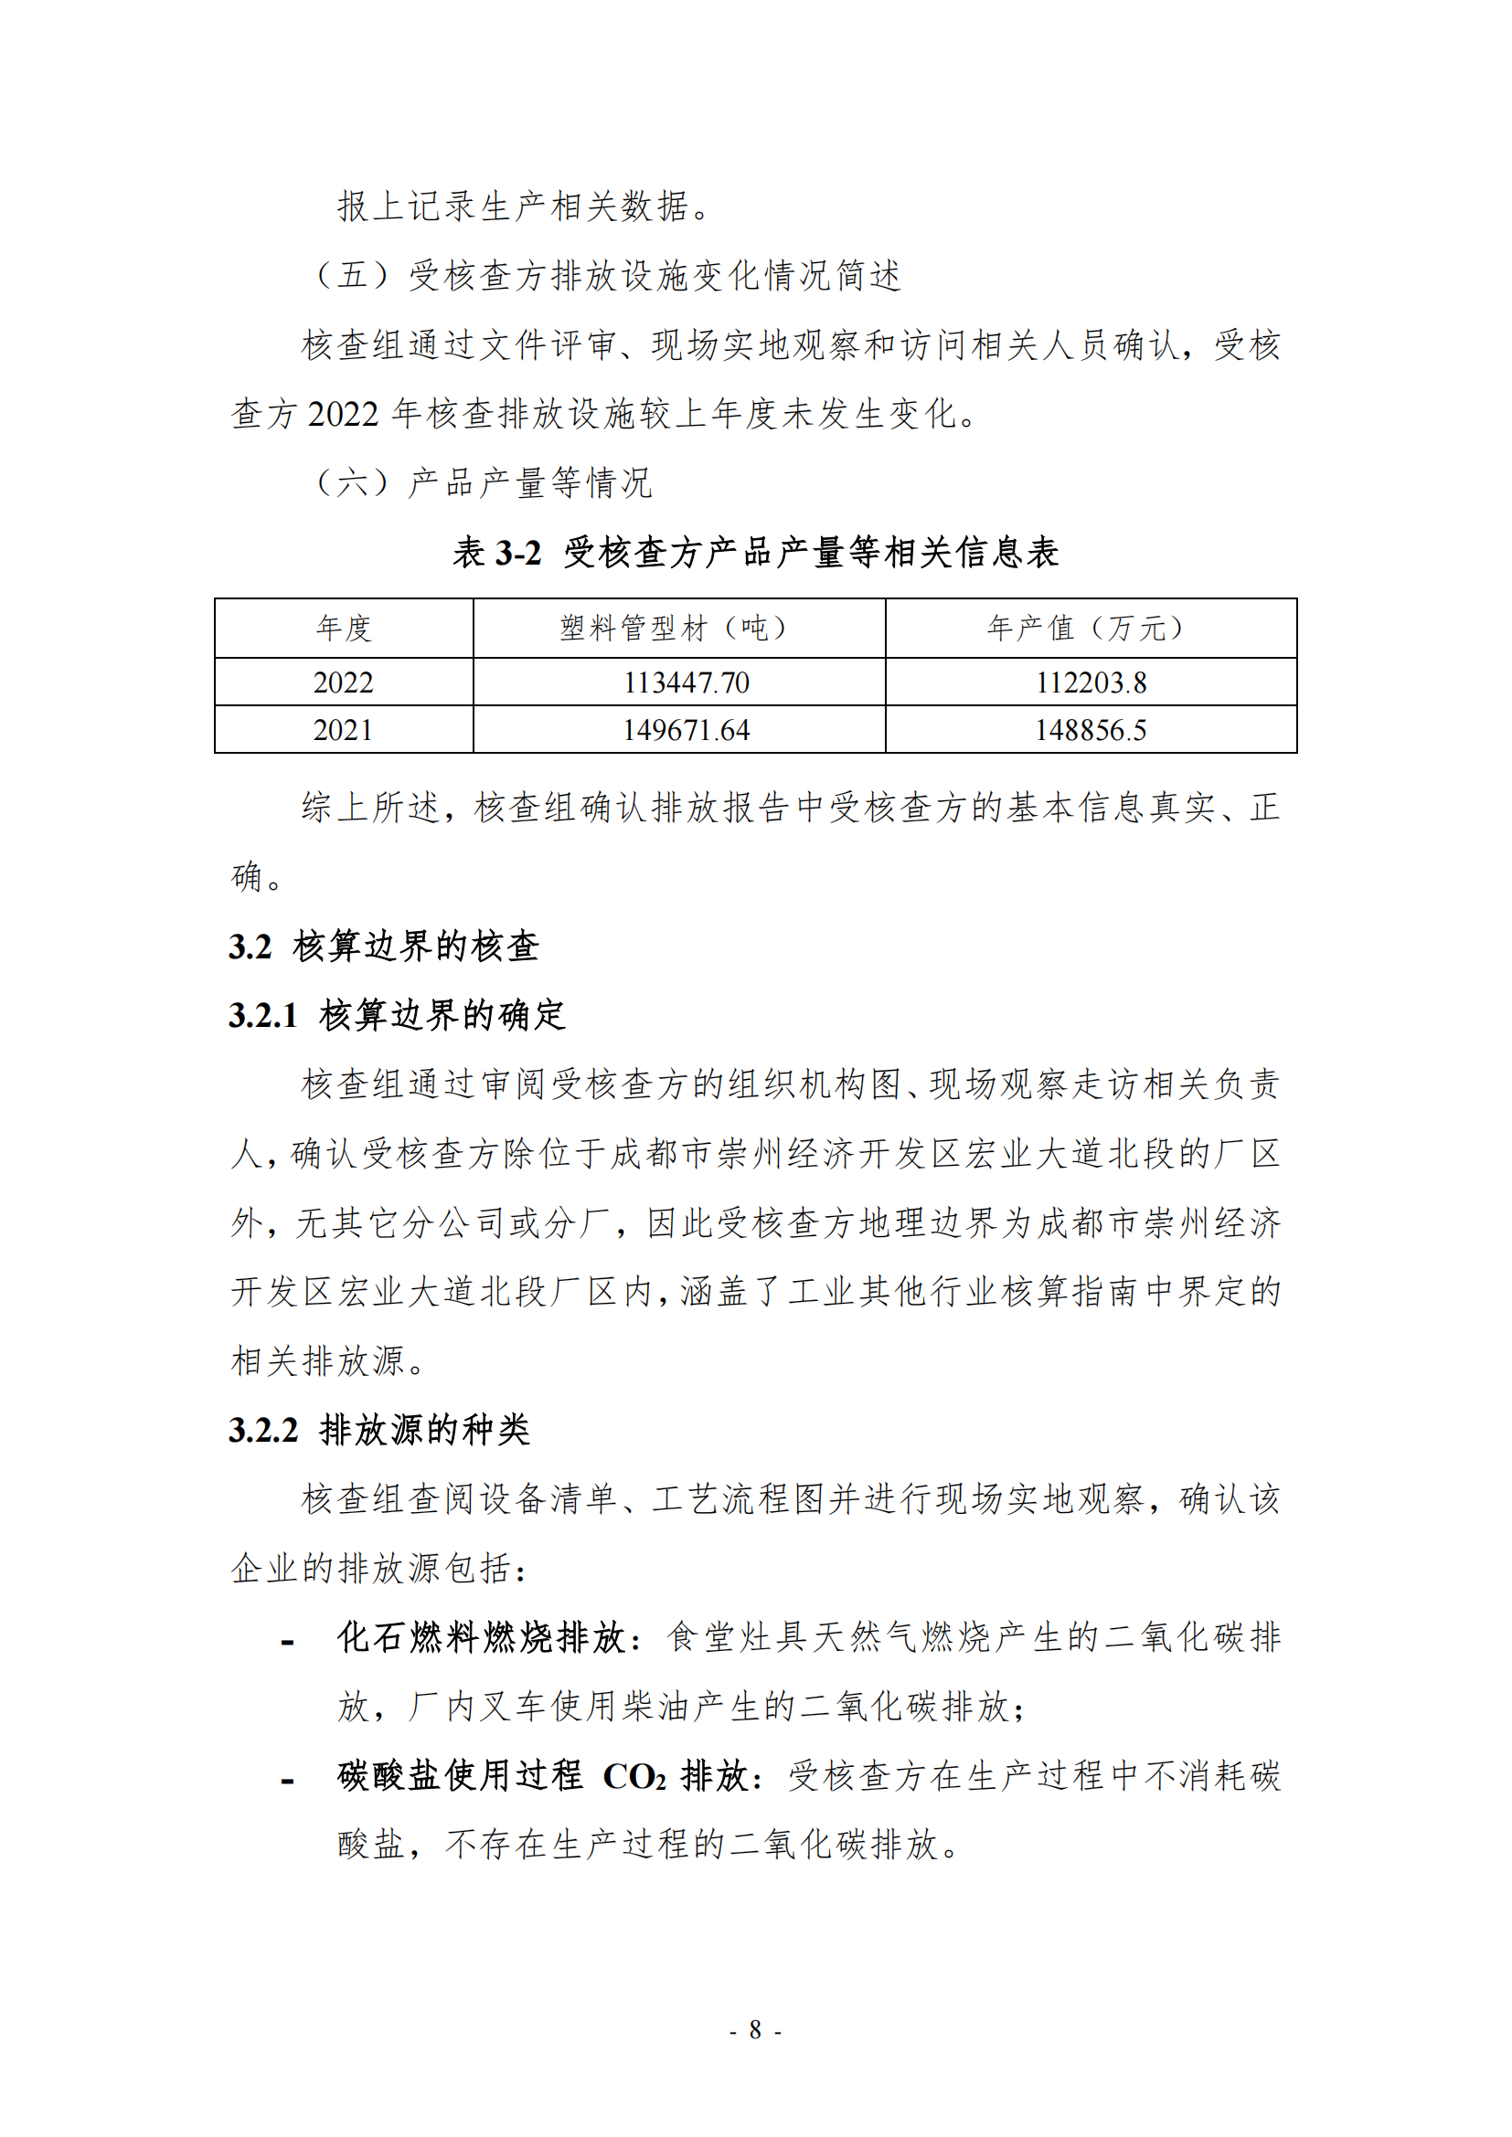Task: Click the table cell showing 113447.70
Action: [687, 682]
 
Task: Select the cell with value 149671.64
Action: [687, 730]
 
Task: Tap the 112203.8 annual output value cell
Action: [1091, 682]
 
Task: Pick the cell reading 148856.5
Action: [1091, 730]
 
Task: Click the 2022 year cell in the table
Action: [343, 682]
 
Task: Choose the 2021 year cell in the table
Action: [343, 730]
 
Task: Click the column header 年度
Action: [343, 629]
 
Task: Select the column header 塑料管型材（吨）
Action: [677, 629]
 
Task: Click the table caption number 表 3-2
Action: [496, 553]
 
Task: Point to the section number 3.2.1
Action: [262, 1015]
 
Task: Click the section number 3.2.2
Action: [262, 1430]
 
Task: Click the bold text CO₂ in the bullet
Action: [634, 1777]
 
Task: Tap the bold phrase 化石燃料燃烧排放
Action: [482, 1638]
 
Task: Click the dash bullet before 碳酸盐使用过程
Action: [288, 1782]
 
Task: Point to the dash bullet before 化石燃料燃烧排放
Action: [288, 1643]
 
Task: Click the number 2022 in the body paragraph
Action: [343, 414]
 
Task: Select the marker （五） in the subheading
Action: [353, 276]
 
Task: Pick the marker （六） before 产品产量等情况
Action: [353, 483]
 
